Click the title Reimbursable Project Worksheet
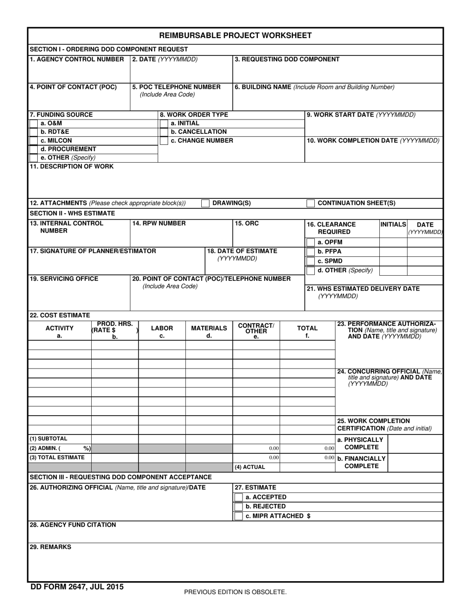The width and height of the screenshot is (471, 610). click(x=235, y=35)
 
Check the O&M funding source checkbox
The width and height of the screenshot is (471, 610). click(x=34, y=123)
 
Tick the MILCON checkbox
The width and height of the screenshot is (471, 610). click(x=34, y=141)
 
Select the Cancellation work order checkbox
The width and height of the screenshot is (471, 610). click(x=164, y=132)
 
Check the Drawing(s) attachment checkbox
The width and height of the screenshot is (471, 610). click(x=205, y=203)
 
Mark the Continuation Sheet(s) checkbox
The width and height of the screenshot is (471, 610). click(x=310, y=203)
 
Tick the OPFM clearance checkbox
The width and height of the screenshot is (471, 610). click(x=310, y=243)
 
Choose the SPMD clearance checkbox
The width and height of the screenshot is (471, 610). click(x=310, y=261)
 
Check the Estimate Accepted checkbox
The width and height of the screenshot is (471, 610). click(x=238, y=497)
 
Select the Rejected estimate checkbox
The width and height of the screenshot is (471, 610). click(x=238, y=507)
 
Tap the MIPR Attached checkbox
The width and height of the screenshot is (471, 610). click(x=238, y=516)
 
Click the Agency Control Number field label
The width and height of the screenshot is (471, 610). click(x=77, y=60)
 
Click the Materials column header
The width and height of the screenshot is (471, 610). click(x=209, y=328)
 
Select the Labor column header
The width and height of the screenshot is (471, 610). click(x=162, y=328)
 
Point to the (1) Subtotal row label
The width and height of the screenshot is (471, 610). click(x=49, y=439)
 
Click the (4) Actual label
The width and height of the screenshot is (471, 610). click(x=250, y=467)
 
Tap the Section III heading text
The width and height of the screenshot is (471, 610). click(x=120, y=477)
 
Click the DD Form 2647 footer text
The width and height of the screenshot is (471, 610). click(x=77, y=587)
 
